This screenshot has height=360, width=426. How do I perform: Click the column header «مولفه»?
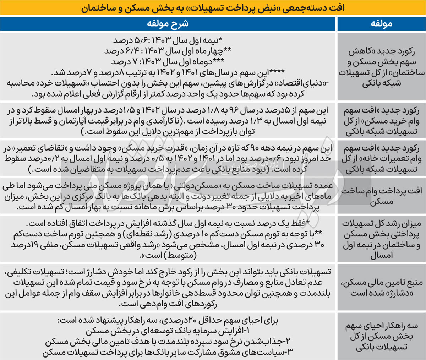[x=381, y=24]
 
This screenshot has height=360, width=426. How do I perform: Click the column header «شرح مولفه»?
[x=168, y=24]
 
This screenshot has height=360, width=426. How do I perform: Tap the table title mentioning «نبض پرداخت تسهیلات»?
[x=213, y=7]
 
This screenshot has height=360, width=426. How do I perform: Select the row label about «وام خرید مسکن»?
[x=381, y=121]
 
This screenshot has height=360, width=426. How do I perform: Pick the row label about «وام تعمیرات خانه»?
[x=381, y=159]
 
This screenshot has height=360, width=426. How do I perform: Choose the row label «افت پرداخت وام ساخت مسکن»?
[x=381, y=196]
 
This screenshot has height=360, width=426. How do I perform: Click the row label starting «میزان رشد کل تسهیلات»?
[x=381, y=240]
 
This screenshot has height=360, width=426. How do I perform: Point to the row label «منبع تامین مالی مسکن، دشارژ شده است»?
[x=381, y=288]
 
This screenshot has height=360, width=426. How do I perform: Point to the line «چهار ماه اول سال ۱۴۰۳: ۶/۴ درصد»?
[x=168, y=51]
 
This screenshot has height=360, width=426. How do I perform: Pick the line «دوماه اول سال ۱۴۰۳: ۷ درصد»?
[x=168, y=61]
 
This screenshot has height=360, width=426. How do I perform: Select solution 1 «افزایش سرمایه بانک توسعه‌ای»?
[x=168, y=331]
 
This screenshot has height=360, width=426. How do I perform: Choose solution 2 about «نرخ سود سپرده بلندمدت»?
[x=168, y=342]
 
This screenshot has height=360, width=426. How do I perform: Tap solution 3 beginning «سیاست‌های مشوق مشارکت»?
[x=168, y=353]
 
